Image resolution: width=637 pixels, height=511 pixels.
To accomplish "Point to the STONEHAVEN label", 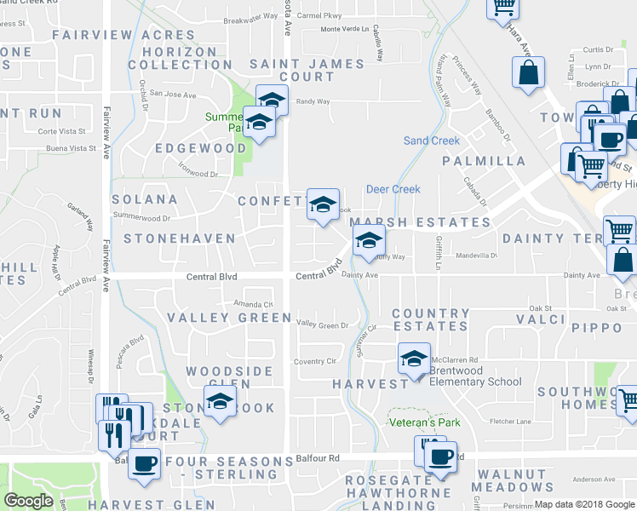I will click(x=179, y=238).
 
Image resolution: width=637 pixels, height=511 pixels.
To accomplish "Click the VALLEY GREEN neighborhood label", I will click(x=229, y=318).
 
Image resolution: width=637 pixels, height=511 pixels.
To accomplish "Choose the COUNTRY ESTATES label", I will click(x=430, y=319).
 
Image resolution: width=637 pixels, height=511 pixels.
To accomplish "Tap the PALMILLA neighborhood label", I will click(x=484, y=161).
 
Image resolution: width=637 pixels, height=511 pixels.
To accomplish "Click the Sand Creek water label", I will click(x=431, y=141).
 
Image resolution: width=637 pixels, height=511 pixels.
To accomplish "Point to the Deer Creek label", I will click(x=393, y=189).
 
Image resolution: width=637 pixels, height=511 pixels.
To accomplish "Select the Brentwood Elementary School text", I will click(x=475, y=376).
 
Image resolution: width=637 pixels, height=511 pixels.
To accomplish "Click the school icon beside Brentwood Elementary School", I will click(x=414, y=359).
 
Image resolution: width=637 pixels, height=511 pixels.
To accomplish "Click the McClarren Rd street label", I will click(x=459, y=359).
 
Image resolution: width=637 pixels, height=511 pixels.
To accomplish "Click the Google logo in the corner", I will click(x=28, y=501).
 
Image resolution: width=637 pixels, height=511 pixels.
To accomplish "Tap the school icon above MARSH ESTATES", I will click(x=323, y=204).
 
